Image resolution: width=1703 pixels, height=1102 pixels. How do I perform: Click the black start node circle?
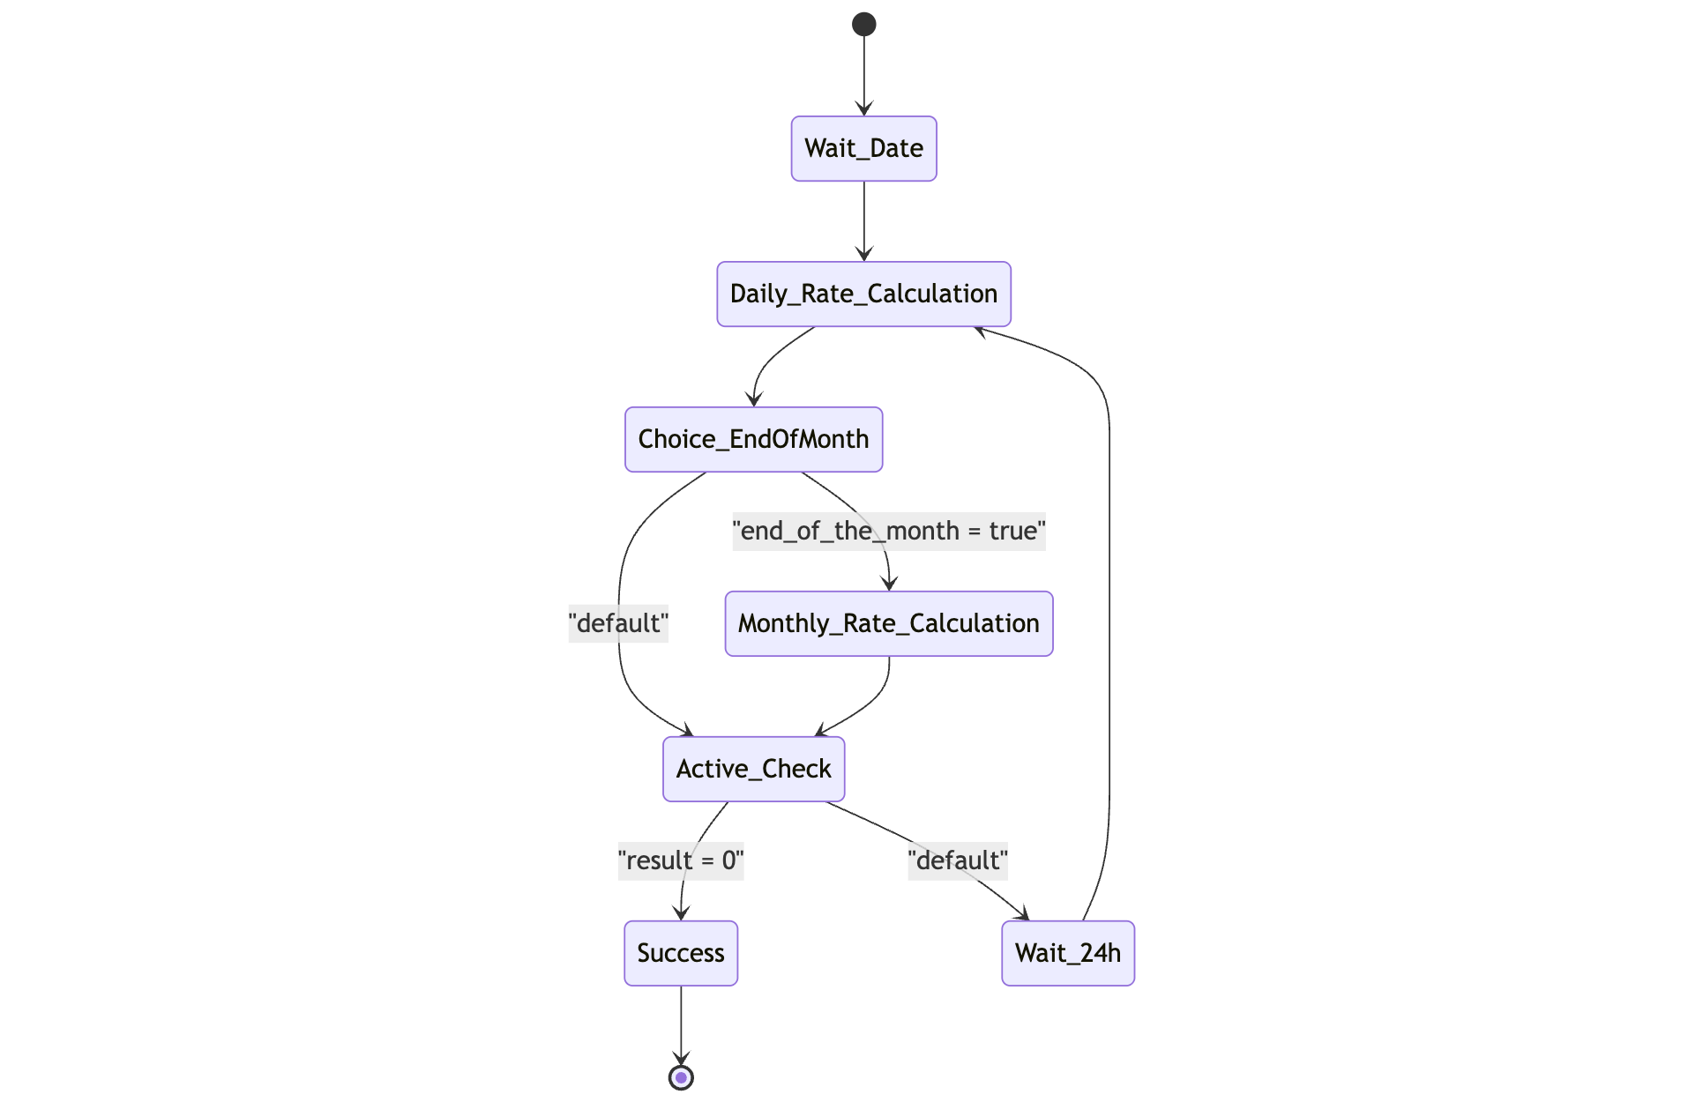click(x=863, y=24)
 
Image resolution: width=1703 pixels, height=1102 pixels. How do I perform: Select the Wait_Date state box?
click(x=863, y=148)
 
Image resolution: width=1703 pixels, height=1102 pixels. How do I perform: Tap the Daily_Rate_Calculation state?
click(x=863, y=294)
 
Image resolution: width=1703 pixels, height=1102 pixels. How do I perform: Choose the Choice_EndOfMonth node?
click(x=753, y=439)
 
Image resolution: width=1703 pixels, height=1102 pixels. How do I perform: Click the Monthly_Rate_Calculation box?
click(x=888, y=623)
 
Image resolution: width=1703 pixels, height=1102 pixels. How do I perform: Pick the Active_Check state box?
click(x=753, y=769)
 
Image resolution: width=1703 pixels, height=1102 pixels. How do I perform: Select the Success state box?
click(x=680, y=953)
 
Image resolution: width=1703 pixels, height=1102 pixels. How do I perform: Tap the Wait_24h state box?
click(x=1067, y=953)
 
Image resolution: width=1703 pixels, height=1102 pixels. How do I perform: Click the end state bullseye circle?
click(x=680, y=1077)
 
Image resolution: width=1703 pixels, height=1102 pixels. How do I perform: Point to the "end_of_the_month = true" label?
click(x=888, y=531)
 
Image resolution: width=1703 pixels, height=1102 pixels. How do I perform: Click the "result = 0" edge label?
click(x=680, y=860)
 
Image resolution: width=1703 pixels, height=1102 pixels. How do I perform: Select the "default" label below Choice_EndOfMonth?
click(x=617, y=623)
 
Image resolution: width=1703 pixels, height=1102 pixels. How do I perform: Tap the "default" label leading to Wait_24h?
click(x=957, y=860)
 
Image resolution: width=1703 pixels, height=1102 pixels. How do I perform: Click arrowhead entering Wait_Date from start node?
click(x=863, y=108)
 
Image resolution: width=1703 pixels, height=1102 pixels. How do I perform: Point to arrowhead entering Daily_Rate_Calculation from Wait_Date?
click(x=863, y=254)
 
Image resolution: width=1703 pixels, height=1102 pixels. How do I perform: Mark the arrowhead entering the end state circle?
click(x=680, y=1058)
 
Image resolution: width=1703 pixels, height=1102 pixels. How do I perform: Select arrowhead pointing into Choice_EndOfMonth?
click(x=753, y=399)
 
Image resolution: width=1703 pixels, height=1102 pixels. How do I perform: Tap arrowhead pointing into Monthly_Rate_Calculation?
click(x=889, y=583)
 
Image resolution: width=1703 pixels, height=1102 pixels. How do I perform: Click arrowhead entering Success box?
click(x=680, y=913)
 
